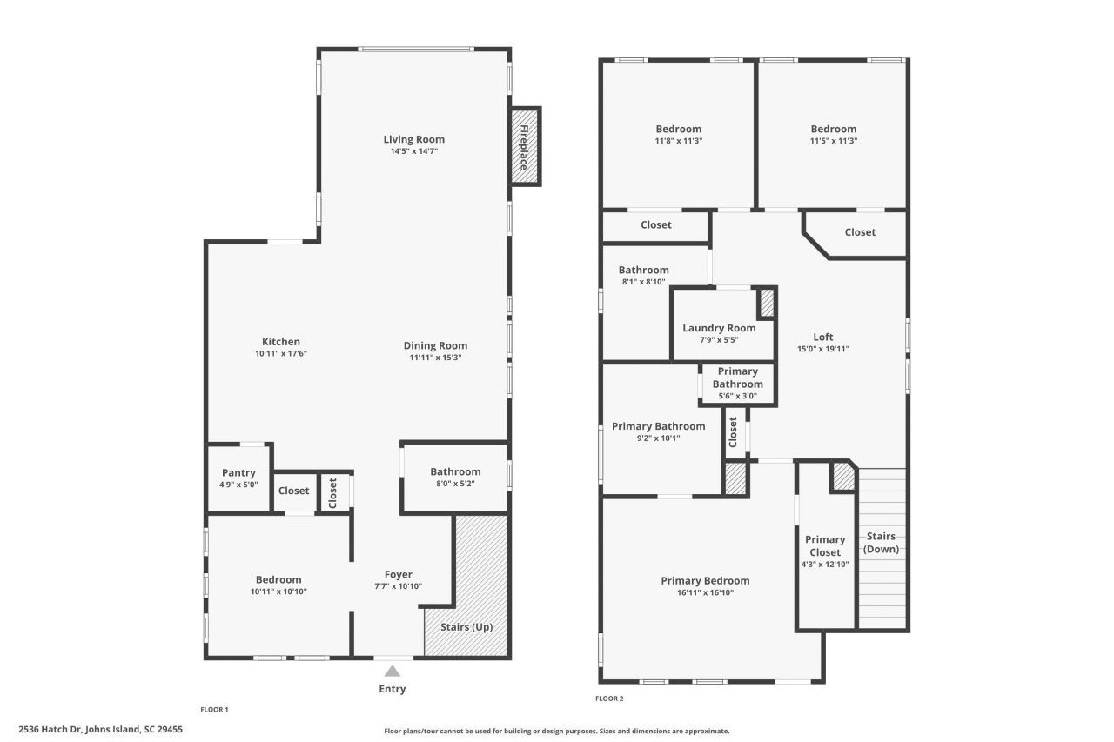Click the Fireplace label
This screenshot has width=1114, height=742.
click(x=524, y=145)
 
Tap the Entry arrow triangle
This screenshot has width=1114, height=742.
click(x=393, y=671)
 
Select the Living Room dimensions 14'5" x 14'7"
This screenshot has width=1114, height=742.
click(x=414, y=151)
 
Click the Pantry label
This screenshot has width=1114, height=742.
click(x=238, y=472)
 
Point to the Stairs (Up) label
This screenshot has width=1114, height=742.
click(x=466, y=627)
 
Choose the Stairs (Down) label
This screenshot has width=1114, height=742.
click(x=881, y=543)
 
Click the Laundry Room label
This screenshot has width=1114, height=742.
click(x=719, y=328)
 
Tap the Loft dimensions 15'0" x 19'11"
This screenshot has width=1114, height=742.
click(x=822, y=349)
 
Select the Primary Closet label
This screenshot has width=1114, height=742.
click(x=825, y=545)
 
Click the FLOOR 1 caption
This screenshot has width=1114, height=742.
click(x=214, y=710)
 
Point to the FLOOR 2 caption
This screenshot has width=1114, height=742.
click(x=609, y=699)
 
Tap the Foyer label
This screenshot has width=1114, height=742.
click(x=399, y=574)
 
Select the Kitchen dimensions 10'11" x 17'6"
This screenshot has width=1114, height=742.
click(x=281, y=354)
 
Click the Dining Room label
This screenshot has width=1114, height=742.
click(x=435, y=345)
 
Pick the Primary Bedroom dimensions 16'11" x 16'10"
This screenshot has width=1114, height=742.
click(x=705, y=593)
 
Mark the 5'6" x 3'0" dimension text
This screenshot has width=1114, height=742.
click(x=737, y=396)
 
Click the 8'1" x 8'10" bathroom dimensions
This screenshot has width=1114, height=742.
click(x=644, y=282)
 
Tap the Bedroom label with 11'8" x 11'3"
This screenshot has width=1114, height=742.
click(x=678, y=129)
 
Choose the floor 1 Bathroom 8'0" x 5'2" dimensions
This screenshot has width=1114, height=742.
click(x=455, y=484)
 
